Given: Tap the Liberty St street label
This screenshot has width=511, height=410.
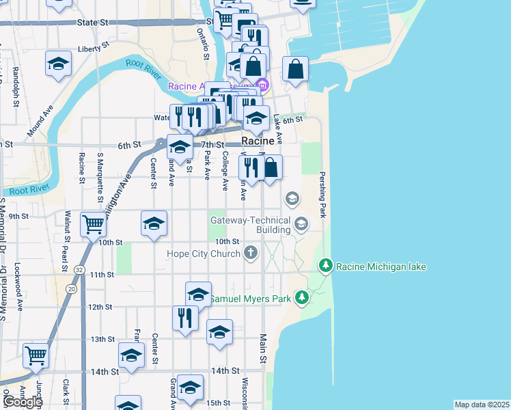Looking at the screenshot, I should coord(94,48).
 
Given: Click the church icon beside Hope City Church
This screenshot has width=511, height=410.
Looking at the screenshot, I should coord(251,254).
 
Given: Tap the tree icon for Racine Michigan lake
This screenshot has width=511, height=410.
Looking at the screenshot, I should coord(326,264).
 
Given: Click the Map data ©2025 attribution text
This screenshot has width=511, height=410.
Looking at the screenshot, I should coord(482,405).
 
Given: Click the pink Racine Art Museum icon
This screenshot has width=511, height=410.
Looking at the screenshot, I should coord(264,86).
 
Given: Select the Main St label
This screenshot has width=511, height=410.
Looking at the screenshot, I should coord(264,352).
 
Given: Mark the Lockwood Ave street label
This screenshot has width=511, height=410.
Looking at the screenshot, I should coord(18,287).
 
